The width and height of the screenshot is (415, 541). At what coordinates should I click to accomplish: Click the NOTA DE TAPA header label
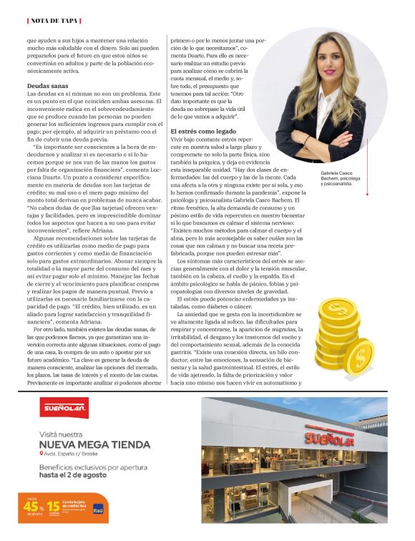pyautogui.click(x=54, y=20)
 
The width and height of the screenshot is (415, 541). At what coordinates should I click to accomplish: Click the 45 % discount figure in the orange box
pyautogui.click(x=35, y=508)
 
